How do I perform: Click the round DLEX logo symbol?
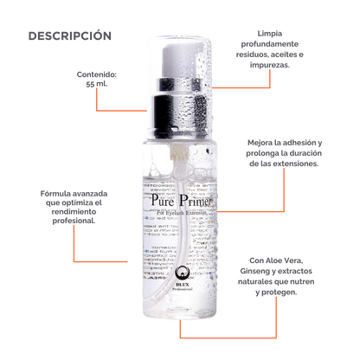(x=180, y=280)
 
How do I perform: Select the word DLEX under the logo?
(x=180, y=292)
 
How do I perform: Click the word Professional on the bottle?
(x=180, y=298)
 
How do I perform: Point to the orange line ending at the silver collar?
(x=130, y=110)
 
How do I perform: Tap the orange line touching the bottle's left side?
(x=104, y=260)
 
